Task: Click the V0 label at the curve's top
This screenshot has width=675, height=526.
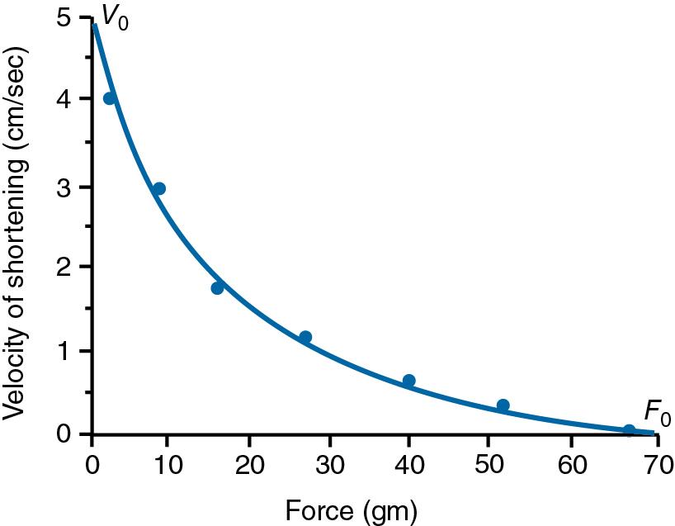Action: (115, 15)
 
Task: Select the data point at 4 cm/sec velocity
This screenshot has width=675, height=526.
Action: (109, 98)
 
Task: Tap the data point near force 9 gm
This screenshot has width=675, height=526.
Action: (159, 188)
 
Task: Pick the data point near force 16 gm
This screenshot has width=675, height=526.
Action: (217, 287)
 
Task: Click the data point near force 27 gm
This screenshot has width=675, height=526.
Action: (305, 336)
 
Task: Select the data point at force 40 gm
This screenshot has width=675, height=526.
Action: (408, 381)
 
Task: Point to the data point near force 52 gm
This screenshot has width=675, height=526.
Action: (503, 405)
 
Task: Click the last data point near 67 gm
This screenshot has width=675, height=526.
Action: (629, 430)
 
